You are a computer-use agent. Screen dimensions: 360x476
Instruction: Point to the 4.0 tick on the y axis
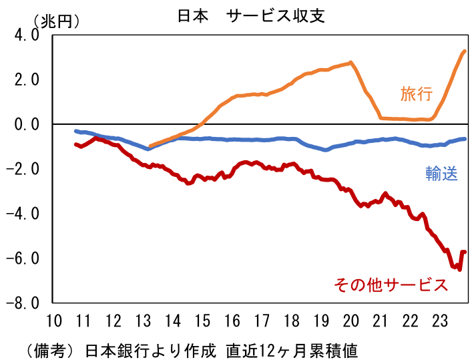[x=27, y=35]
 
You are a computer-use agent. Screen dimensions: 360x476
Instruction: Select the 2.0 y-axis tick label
[x=27, y=80]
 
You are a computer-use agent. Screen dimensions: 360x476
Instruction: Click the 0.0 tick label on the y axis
[x=27, y=124]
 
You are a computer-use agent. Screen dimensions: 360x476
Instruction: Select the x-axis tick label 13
[x=143, y=320]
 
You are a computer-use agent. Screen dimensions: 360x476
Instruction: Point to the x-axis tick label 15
[x=202, y=320]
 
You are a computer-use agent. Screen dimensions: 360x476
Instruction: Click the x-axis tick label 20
[x=350, y=320]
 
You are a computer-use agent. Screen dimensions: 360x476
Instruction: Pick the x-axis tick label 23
[x=439, y=320]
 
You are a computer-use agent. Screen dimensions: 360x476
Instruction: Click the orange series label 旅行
[x=416, y=94]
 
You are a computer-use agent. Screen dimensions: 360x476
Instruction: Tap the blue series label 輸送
[x=442, y=174]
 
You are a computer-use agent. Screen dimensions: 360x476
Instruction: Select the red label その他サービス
[x=391, y=285]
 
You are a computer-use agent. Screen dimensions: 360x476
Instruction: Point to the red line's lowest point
[x=459, y=268]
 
